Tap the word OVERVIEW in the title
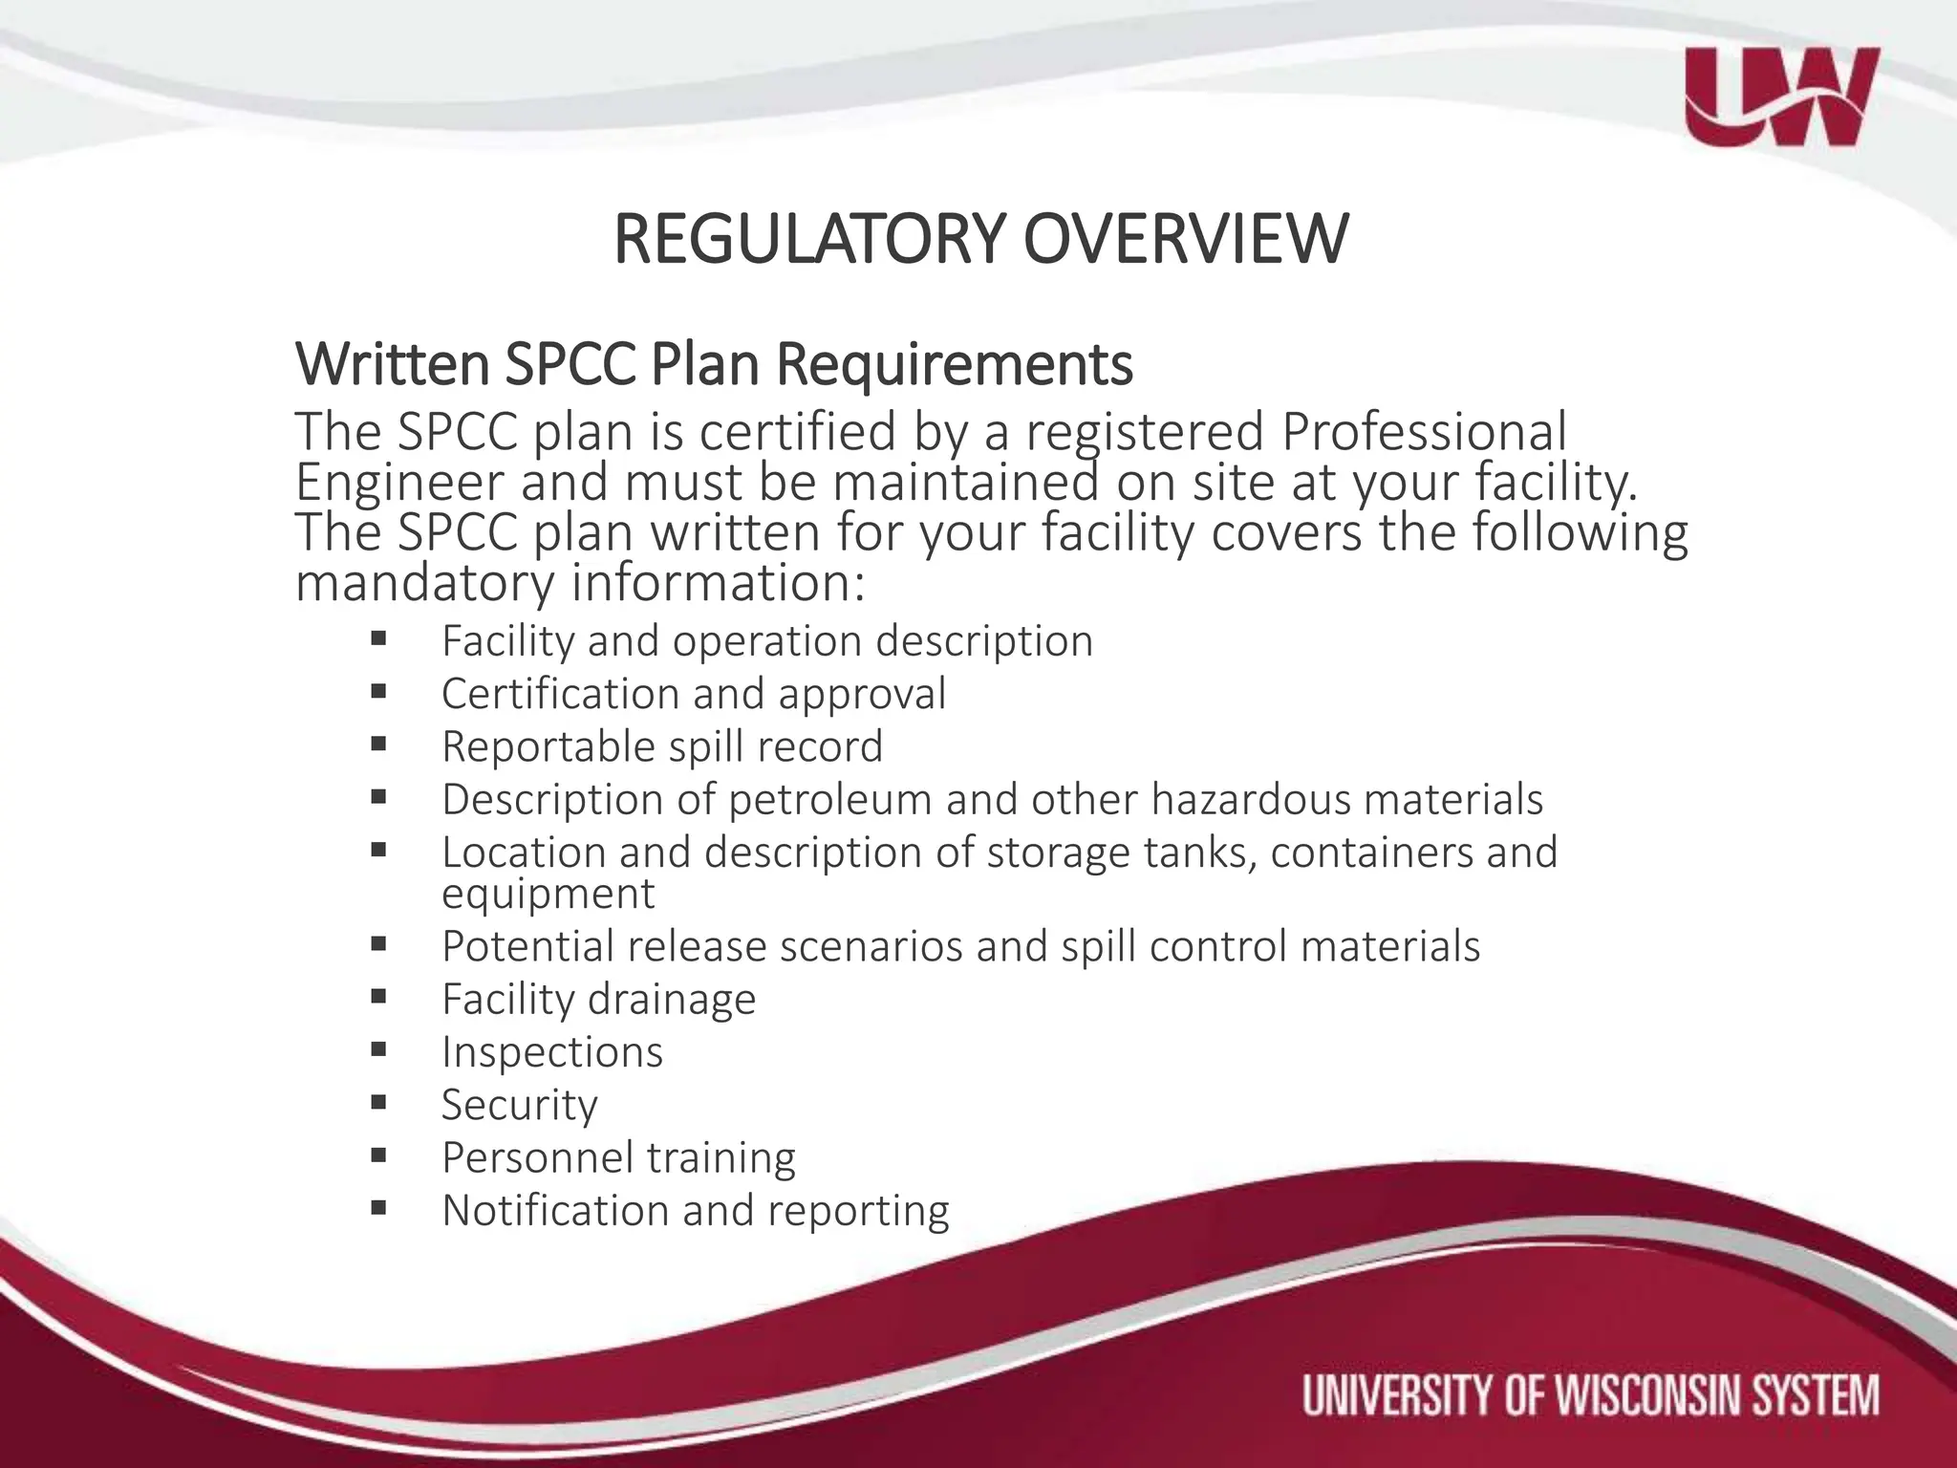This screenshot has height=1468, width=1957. click(1186, 239)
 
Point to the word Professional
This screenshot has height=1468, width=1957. click(1424, 432)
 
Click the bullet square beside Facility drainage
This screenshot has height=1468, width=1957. click(378, 998)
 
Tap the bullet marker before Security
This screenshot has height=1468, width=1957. click(378, 1103)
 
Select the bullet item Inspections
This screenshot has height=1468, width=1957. click(551, 1052)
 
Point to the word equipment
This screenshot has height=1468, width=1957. click(548, 895)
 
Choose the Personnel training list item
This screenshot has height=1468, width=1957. click(618, 1157)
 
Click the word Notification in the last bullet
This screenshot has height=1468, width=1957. click(553, 1210)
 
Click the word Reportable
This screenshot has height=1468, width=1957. click(546, 746)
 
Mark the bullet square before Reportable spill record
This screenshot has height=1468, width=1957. click(378, 745)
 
